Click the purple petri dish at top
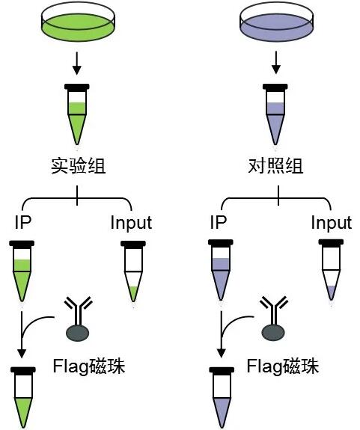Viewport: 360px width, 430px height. [277, 24]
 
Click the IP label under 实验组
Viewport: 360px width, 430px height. [22, 223]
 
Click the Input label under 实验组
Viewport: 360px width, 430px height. [131, 223]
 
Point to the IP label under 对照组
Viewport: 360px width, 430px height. [218, 223]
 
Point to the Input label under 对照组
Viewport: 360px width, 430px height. [332, 223]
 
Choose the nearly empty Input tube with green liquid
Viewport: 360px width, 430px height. [132, 273]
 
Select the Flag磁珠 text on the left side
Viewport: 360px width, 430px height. [89, 367]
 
